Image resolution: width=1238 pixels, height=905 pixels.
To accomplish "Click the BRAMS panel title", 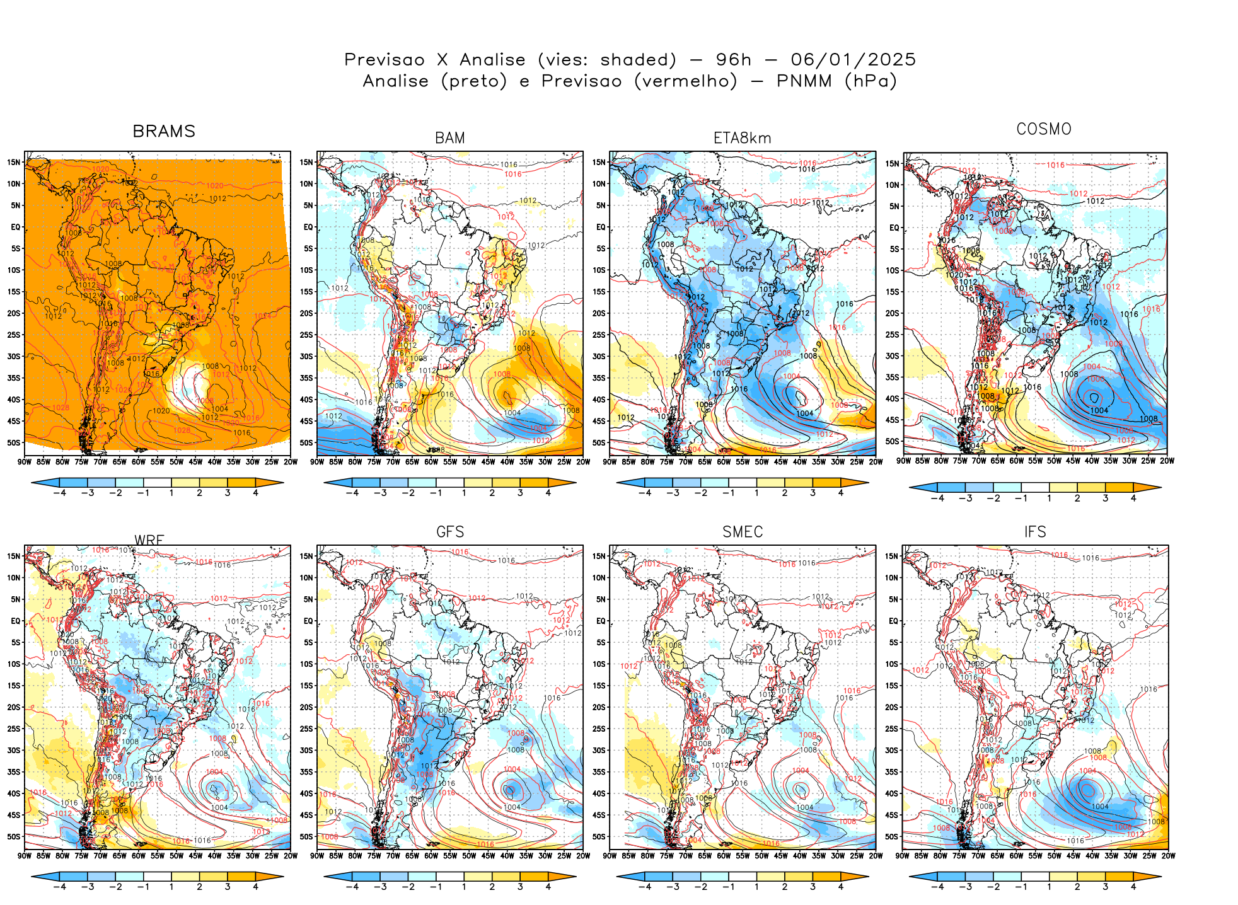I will pyautogui.click(x=164, y=131).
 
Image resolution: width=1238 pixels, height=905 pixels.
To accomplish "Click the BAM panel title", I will pyautogui.click(x=449, y=138).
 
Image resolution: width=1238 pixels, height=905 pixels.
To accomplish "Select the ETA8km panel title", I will pyautogui.click(x=742, y=138).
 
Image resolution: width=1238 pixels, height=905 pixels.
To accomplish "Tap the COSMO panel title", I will pyautogui.click(x=1043, y=129).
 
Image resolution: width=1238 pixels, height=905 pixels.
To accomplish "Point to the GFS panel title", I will pyautogui.click(x=449, y=532).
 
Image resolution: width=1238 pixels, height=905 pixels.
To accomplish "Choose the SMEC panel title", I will pyautogui.click(x=742, y=532).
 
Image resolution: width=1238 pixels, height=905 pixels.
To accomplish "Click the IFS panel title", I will pyautogui.click(x=1034, y=532).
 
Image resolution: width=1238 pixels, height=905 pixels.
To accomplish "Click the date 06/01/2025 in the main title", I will pyautogui.click(x=853, y=60).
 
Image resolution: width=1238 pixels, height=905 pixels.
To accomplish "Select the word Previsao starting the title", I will pyautogui.click(x=385, y=60).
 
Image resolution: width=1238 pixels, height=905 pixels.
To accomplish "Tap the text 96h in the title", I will pyautogui.click(x=733, y=60).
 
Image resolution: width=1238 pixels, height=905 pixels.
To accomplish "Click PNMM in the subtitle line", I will pyautogui.click(x=801, y=81).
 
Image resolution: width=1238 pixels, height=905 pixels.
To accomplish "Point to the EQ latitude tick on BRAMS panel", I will pyautogui.click(x=16, y=227).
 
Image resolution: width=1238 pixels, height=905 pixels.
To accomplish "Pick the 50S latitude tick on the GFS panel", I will pyautogui.click(x=306, y=836).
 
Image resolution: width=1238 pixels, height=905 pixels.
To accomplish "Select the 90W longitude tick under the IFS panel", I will pyautogui.click(x=903, y=856).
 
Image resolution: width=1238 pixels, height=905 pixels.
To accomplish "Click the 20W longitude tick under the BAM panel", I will pyautogui.click(x=583, y=462).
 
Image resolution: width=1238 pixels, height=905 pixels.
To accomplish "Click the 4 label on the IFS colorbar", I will pyautogui.click(x=1133, y=887).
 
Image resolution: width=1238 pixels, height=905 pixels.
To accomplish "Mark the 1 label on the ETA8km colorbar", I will pyautogui.click(x=756, y=493).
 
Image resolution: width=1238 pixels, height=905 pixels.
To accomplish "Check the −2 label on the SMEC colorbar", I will pyautogui.click(x=700, y=887).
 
